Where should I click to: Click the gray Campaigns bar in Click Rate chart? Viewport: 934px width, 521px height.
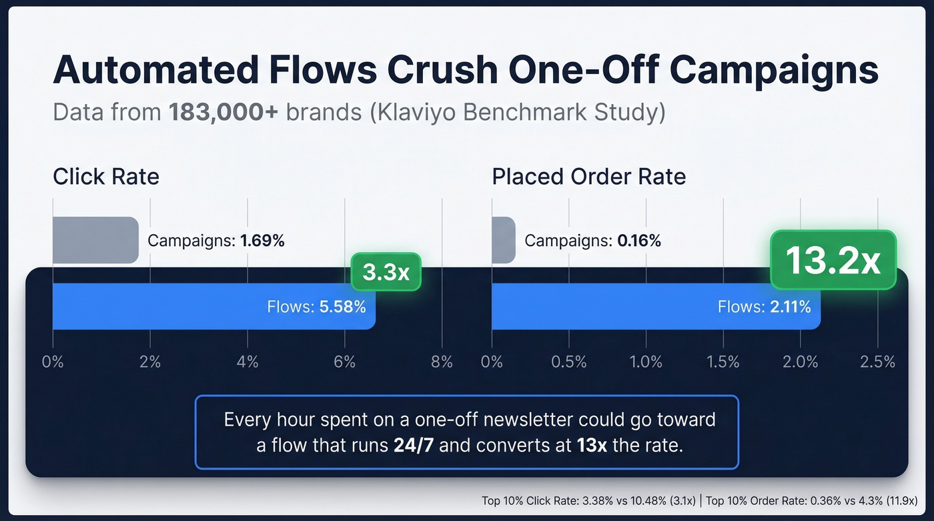[x=95, y=239]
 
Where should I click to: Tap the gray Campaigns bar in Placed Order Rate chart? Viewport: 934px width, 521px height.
[x=504, y=239]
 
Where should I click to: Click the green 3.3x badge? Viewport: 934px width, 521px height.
[x=386, y=272]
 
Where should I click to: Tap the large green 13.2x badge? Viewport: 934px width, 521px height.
[x=833, y=261]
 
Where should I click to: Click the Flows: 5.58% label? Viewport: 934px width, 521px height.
[x=316, y=307]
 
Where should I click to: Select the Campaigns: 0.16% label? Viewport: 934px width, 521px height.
[x=592, y=241]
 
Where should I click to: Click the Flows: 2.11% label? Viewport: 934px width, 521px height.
[x=764, y=307]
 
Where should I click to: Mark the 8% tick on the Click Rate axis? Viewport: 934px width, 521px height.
[x=442, y=362]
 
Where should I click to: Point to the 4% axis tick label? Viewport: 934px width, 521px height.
[x=248, y=362]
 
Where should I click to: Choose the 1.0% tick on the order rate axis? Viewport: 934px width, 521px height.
[x=646, y=362]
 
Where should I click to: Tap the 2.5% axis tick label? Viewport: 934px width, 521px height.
[x=877, y=362]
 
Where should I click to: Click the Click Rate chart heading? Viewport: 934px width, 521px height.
[x=106, y=177]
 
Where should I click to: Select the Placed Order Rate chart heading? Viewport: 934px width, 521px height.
[x=588, y=177]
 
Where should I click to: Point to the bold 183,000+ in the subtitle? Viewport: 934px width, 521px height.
[x=223, y=112]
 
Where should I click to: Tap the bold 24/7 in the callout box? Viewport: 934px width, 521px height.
[x=414, y=446]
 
